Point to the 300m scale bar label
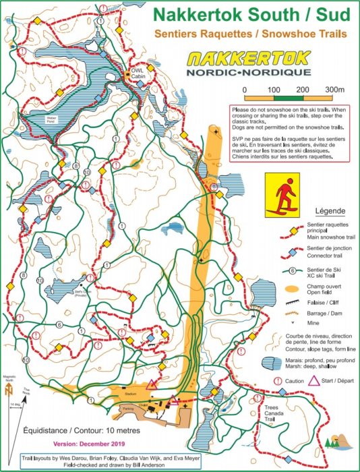(x=333, y=90)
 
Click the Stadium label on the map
(x=131, y=392)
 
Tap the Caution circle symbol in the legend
(x=278, y=381)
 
